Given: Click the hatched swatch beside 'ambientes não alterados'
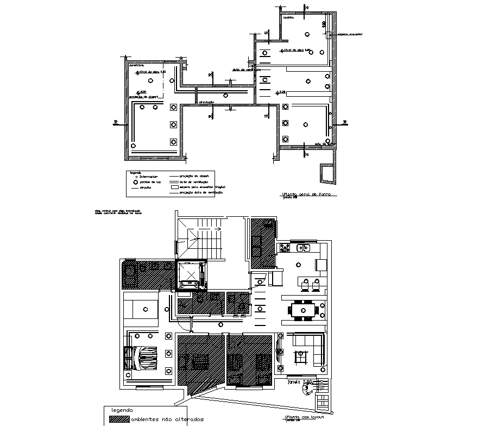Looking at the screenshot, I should click(x=119, y=419).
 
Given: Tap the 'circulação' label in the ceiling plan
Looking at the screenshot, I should click(x=206, y=102).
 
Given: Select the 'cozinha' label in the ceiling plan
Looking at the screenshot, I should click(x=288, y=18).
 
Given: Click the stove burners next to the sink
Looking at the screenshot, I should click(x=284, y=248).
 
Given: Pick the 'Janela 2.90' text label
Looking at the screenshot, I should click(x=299, y=382).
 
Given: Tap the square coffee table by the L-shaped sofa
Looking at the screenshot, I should click(x=300, y=356).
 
